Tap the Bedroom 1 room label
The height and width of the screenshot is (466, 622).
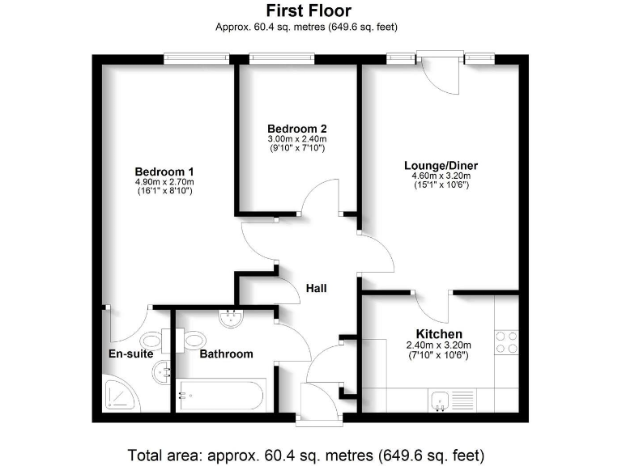(x=164, y=172)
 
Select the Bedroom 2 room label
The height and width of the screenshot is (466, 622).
(x=297, y=129)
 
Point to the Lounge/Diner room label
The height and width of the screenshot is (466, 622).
(x=437, y=166)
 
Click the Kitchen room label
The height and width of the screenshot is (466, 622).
(x=439, y=334)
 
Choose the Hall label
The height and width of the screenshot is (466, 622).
(x=317, y=288)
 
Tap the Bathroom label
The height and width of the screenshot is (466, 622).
(x=226, y=354)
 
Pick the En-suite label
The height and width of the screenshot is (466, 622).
(x=131, y=354)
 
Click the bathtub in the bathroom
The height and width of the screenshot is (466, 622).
(x=219, y=396)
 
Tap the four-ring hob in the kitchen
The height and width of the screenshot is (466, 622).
(x=506, y=342)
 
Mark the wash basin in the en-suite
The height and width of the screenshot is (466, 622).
(x=161, y=372)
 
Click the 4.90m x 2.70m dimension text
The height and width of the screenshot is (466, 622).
(x=164, y=182)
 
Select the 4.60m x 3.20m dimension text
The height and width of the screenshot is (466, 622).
(x=437, y=176)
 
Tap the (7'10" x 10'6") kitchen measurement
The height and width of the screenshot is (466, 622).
(x=438, y=354)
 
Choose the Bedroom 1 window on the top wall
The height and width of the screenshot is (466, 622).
(x=194, y=58)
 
